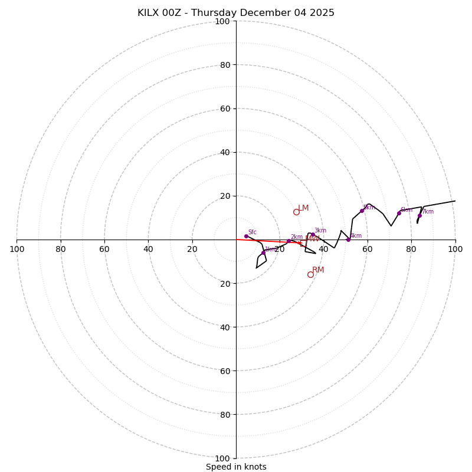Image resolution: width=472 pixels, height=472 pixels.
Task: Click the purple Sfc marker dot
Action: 246,236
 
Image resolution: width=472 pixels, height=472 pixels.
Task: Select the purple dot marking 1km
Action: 263,253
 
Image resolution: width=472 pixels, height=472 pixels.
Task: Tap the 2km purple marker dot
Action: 289,241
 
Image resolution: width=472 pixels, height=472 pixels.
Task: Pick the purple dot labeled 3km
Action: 313,234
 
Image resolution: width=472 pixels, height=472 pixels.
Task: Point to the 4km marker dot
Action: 348,240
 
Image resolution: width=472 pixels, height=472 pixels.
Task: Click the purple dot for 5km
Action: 362,211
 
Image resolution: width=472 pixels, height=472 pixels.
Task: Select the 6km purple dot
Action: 399,213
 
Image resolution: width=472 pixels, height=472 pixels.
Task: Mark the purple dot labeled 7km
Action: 419,215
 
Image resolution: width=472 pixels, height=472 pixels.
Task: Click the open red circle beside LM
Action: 296,212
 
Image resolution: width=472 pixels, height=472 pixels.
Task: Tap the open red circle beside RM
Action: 310,274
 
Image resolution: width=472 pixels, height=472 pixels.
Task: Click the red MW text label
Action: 313,239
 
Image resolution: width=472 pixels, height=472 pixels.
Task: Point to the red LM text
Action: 303,208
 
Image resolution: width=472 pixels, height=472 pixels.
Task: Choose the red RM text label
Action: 318,270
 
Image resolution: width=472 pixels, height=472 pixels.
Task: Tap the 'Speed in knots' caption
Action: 236,467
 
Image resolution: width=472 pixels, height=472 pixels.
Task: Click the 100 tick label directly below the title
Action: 222,21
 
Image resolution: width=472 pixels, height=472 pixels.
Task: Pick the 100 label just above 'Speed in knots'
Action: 222,458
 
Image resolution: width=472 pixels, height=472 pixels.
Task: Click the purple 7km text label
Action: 428,212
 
